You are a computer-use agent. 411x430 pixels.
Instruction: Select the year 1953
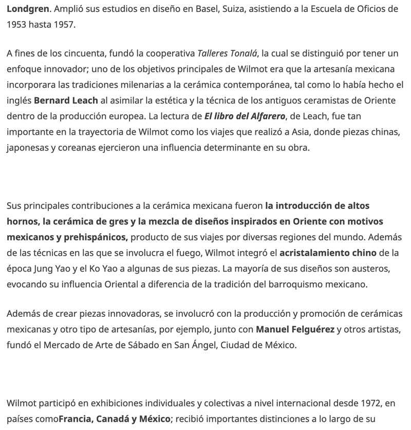(17, 24)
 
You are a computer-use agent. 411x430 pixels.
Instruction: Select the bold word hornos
(23, 222)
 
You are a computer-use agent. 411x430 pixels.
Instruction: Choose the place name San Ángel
(191, 344)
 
